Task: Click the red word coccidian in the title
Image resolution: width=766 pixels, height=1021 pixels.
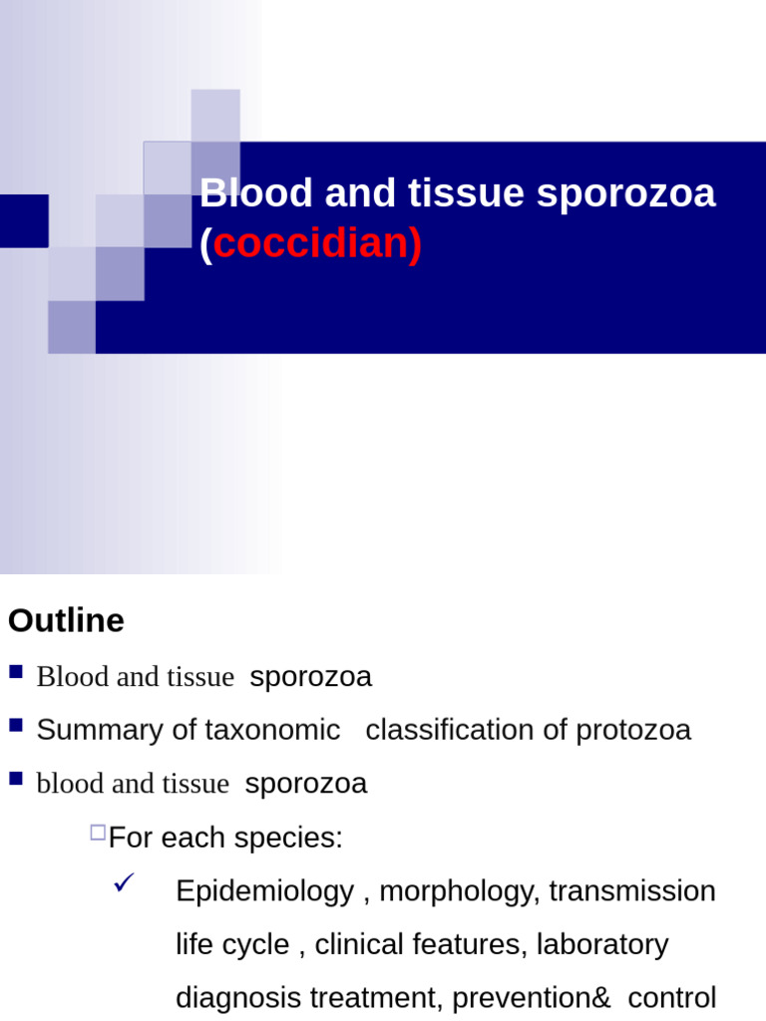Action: click(x=316, y=244)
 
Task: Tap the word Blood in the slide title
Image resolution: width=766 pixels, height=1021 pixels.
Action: click(x=242, y=192)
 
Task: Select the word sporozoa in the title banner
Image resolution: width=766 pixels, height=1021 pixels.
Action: click(x=625, y=192)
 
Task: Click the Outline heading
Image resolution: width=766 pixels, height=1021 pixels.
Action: click(x=66, y=620)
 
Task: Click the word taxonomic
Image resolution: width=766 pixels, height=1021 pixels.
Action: click(x=272, y=730)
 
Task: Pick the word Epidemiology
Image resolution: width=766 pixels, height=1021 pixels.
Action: click(x=264, y=890)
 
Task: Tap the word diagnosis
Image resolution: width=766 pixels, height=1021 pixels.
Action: click(x=234, y=998)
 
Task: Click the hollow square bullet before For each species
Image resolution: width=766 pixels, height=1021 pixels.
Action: click(x=97, y=832)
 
